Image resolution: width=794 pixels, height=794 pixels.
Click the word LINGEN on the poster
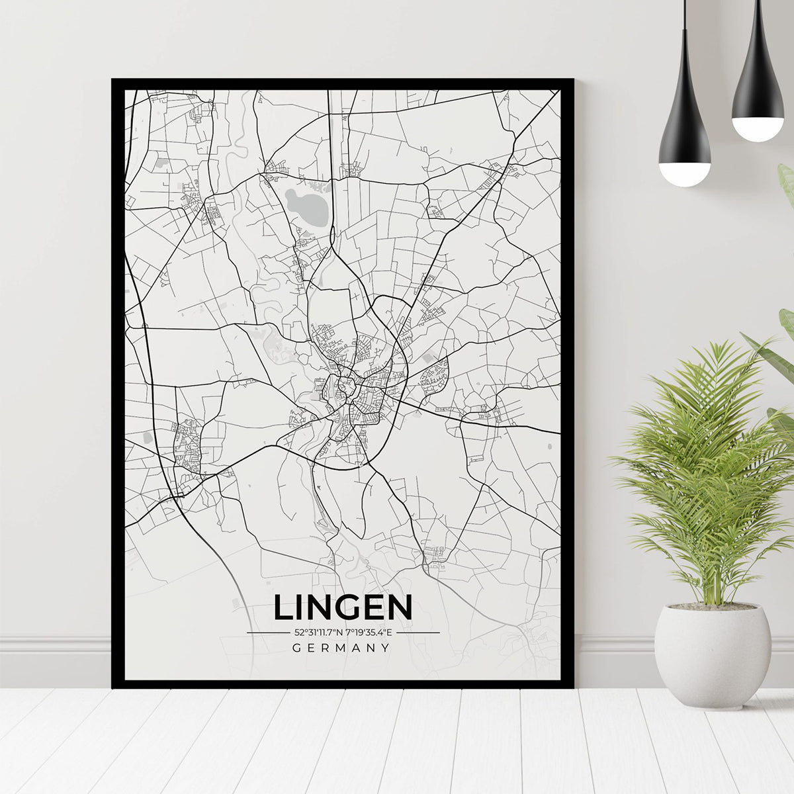[x=343, y=607]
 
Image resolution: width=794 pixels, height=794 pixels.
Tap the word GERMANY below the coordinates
[x=341, y=648]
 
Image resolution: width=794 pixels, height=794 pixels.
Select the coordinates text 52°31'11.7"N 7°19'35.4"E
[x=343, y=633]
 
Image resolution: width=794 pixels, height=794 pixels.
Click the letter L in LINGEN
[x=283, y=607]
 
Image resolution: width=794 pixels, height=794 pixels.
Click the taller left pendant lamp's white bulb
[x=684, y=173]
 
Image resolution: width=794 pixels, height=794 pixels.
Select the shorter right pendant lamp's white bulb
[x=758, y=128]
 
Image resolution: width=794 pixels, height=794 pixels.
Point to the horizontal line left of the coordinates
[x=268, y=633]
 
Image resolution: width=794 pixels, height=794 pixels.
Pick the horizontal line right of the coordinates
[x=418, y=633]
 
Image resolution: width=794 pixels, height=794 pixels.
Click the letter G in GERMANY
[x=296, y=648]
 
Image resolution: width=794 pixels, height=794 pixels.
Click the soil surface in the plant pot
[x=713, y=606]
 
